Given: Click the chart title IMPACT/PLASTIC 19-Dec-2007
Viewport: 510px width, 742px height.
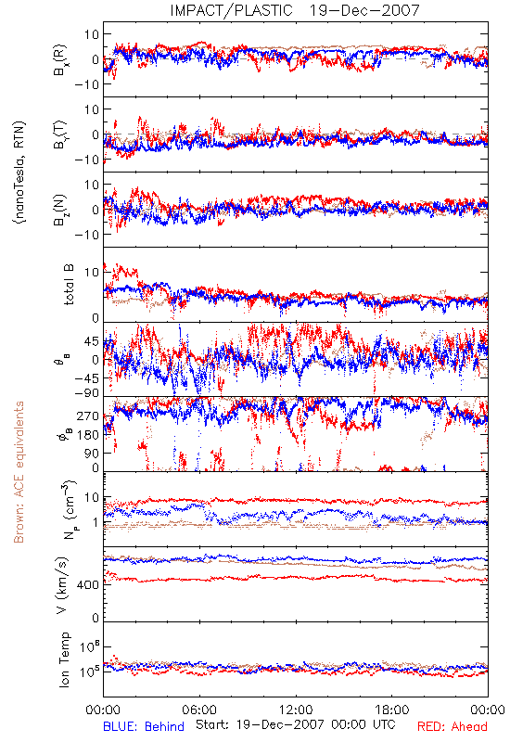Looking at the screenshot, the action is click(x=295, y=10).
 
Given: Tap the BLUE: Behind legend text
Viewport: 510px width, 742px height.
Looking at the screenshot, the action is click(x=144, y=727).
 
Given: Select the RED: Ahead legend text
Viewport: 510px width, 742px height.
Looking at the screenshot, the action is click(x=452, y=727).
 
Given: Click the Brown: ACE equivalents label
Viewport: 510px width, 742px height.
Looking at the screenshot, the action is click(x=19, y=472).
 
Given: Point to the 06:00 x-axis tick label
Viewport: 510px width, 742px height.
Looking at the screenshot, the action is click(x=199, y=710).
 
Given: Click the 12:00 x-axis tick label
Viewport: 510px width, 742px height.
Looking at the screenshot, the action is click(x=296, y=710).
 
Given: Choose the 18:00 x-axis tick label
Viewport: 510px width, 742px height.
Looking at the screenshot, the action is click(x=392, y=710).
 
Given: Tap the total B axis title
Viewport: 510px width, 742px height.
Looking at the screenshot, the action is click(x=69, y=285).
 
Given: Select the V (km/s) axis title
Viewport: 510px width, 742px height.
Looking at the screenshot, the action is click(x=62, y=585).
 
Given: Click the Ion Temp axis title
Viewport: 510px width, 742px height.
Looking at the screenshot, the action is click(x=64, y=659).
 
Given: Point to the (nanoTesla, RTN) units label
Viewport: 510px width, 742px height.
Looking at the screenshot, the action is click(x=19, y=172).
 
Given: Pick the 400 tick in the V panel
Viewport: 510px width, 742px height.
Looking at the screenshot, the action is click(x=88, y=585).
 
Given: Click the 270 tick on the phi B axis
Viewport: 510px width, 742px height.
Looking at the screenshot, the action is click(x=88, y=416).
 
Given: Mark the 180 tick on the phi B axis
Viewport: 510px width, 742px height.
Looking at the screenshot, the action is click(x=88, y=435).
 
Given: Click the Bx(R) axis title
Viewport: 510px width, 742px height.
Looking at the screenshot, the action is click(x=60, y=60).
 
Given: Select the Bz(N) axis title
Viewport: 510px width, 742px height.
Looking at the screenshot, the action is click(x=60, y=210).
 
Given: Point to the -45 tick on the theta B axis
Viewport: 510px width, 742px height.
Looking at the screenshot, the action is click(x=86, y=378).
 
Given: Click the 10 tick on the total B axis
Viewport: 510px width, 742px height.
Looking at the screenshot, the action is click(x=92, y=273).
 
